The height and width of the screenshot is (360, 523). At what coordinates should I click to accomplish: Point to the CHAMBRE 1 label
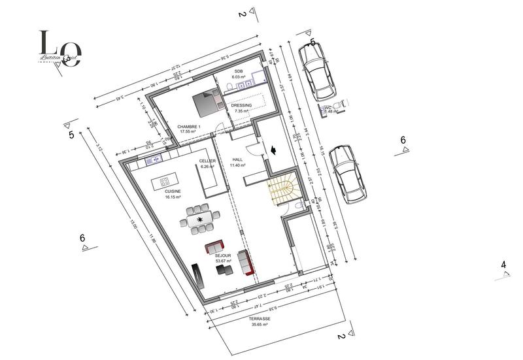pos(188,126)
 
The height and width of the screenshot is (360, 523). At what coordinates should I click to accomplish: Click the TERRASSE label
pos(260,320)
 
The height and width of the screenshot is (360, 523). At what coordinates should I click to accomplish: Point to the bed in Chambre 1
pos(207,101)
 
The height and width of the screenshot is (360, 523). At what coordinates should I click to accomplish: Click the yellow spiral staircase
pos(282,190)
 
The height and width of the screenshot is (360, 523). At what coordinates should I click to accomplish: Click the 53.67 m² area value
pos(224,261)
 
